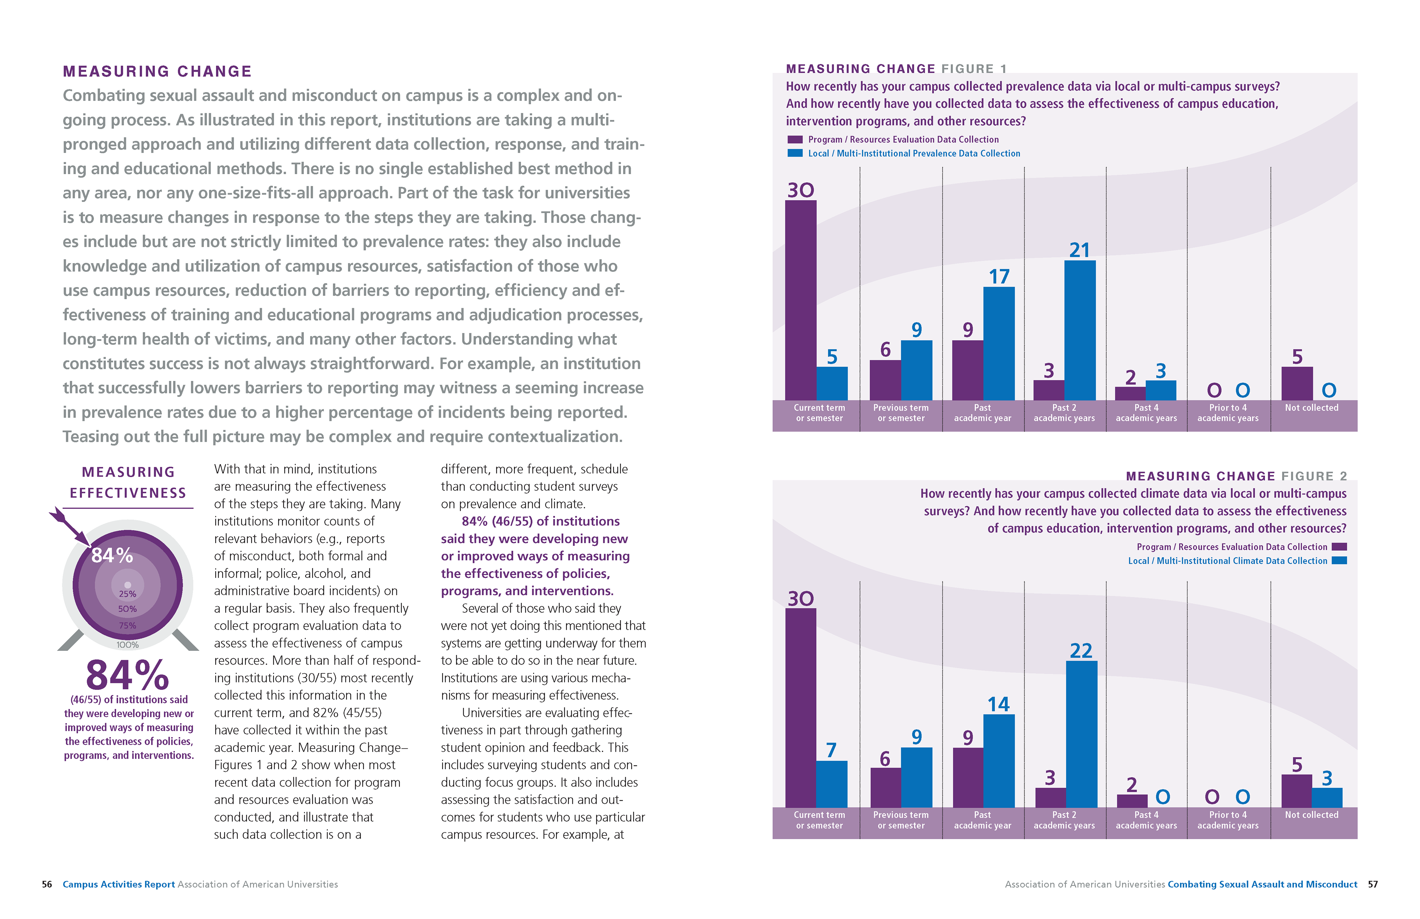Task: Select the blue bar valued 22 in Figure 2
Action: (1081, 734)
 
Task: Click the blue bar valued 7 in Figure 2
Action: (831, 784)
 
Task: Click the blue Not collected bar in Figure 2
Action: (1326, 797)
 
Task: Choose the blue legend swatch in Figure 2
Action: (1339, 560)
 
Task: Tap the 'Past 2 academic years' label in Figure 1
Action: (1064, 413)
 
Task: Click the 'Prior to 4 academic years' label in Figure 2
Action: (1227, 820)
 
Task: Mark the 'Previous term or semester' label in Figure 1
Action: (900, 413)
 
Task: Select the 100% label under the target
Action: (127, 645)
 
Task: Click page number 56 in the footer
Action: (47, 884)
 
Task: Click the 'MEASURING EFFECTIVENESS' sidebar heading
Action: (128, 482)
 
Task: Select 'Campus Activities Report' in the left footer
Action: (119, 884)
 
